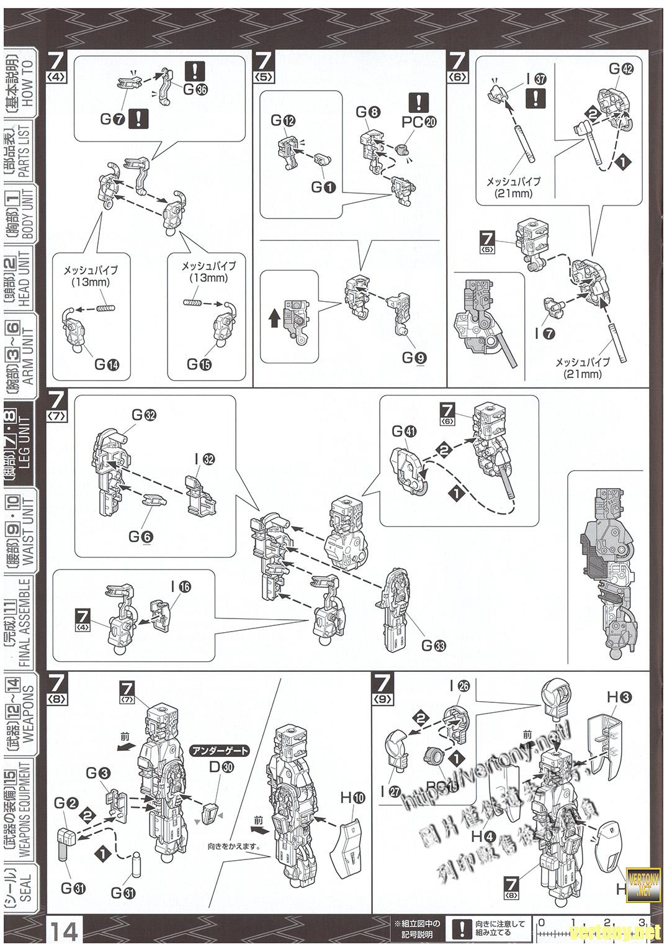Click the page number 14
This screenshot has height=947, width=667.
pyautogui.click(x=65, y=931)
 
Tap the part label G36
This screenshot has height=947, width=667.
pyautogui.click(x=194, y=89)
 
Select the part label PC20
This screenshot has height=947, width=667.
pyautogui.click(x=419, y=122)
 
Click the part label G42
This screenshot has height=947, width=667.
pyautogui.click(x=620, y=69)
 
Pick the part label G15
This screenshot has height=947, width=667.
pyautogui.click(x=199, y=365)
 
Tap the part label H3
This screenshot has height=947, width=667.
pyautogui.click(x=619, y=697)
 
